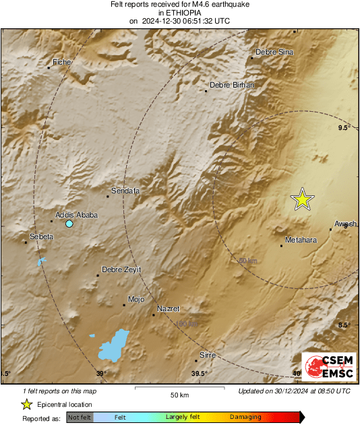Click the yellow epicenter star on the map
tap(303, 199)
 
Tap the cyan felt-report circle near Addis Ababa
tap(69, 223)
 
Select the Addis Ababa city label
tap(76, 215)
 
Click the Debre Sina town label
tap(274, 52)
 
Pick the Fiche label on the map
tap(62, 62)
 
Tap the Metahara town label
tap(301, 240)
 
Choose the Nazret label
tap(168, 308)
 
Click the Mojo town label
tap(136, 299)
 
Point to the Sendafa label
tap(125, 191)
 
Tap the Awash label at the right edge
tap(345, 224)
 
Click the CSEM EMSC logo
tap(328, 366)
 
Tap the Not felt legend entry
tap(79, 418)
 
